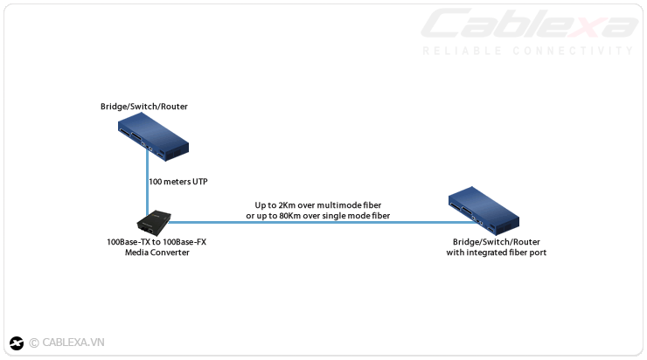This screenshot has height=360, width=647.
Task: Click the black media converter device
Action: click(x=157, y=223)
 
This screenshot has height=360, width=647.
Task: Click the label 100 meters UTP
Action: click(x=178, y=182)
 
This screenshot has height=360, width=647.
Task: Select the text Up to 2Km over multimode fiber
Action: click(x=318, y=204)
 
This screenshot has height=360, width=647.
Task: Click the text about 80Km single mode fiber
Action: click(x=318, y=215)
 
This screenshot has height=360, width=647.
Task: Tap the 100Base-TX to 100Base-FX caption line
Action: click(x=157, y=242)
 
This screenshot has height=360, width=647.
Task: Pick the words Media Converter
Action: click(x=157, y=253)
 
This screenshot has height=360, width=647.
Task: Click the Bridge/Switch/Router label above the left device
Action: click(x=144, y=107)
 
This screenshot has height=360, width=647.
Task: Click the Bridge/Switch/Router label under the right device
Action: click(x=497, y=242)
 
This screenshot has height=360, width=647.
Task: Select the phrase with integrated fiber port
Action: click(x=497, y=253)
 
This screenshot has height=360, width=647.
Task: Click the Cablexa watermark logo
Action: click(x=530, y=24)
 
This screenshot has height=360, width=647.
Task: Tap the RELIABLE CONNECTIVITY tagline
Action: click(x=528, y=51)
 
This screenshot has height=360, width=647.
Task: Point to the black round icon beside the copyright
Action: click(x=16, y=343)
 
